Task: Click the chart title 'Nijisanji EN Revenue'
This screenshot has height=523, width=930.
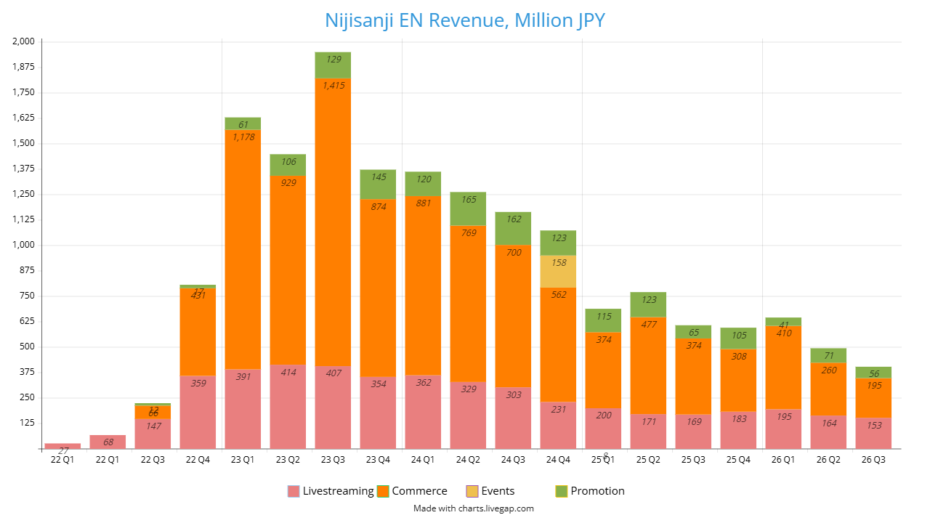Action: pyautogui.click(x=465, y=20)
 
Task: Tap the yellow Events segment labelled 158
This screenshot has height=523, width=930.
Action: pyautogui.click(x=558, y=271)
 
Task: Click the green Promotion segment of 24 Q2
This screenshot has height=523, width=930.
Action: pyautogui.click(x=468, y=208)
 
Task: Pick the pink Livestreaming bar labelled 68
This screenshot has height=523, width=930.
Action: pyautogui.click(x=108, y=442)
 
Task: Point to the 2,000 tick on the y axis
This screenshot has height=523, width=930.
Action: pyautogui.click(x=23, y=41)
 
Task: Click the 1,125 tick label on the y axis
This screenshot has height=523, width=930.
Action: pyautogui.click(x=23, y=219)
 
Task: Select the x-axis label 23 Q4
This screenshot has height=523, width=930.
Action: pyautogui.click(x=378, y=459)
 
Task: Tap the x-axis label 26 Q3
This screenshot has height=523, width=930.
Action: pyautogui.click(x=873, y=459)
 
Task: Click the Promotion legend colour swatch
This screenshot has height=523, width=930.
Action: pyautogui.click(x=561, y=491)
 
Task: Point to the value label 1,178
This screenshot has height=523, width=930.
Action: pyautogui.click(x=243, y=137)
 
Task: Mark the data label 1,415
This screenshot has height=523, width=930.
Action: pyautogui.click(x=333, y=85)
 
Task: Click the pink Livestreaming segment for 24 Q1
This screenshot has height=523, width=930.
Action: pyautogui.click(x=423, y=411)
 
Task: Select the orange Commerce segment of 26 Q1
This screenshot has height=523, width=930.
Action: pyautogui.click(x=783, y=370)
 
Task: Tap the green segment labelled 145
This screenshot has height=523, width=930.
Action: pyautogui.click(x=378, y=184)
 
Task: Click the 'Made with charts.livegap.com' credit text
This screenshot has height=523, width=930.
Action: pyautogui.click(x=474, y=508)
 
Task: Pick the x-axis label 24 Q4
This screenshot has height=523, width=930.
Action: pyautogui.click(x=558, y=459)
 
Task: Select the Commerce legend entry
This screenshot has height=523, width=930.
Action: pyautogui.click(x=412, y=491)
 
